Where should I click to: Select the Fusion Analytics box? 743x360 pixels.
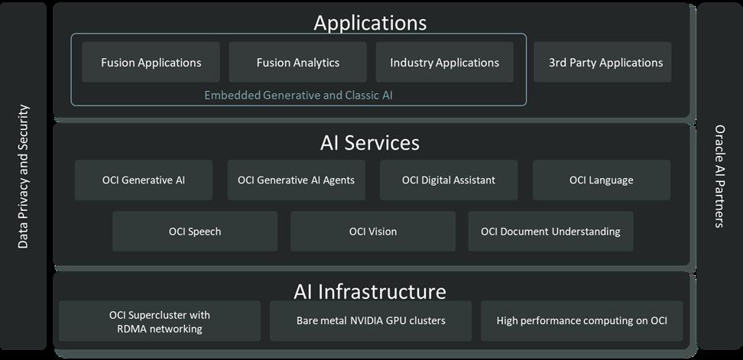[x=297, y=63]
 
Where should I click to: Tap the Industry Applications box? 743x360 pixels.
[x=444, y=63]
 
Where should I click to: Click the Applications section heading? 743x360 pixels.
[x=370, y=22]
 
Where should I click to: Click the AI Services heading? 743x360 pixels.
[x=370, y=143]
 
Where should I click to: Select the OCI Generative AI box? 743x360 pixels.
[x=144, y=180]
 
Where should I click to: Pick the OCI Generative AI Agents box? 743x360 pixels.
[x=296, y=180]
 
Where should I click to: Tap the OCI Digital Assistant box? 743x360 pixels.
[x=449, y=180]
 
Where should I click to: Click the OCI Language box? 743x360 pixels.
[x=601, y=180]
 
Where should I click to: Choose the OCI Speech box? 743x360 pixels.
[x=195, y=232]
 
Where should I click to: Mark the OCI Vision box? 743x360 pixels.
[x=373, y=232]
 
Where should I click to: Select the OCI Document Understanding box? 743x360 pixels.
[x=550, y=232]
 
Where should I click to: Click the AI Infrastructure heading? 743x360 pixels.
[x=370, y=291]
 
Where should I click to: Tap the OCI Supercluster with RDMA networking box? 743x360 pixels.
[x=160, y=321]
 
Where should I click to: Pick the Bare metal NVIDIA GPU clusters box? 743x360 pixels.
[x=371, y=321]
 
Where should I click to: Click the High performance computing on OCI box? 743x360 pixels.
[x=582, y=321]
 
